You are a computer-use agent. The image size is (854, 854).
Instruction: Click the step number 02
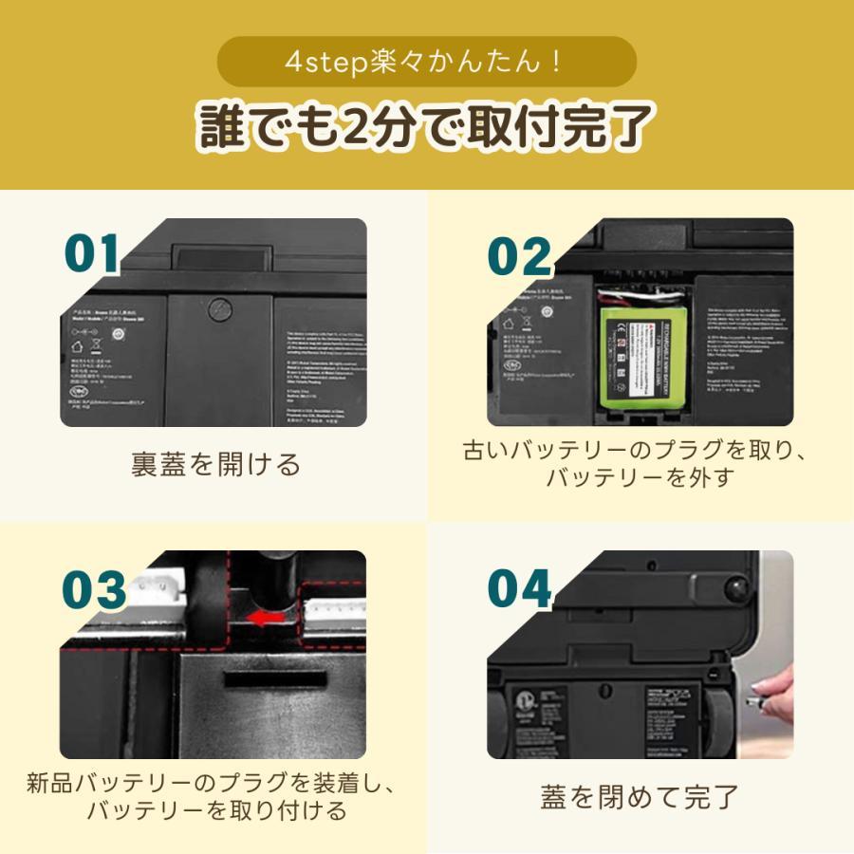pos(519,255)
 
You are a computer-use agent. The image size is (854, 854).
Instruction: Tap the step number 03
pos(94,589)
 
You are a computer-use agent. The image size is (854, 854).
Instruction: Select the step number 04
pos(519,589)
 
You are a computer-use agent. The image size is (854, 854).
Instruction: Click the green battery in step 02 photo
pos(638,355)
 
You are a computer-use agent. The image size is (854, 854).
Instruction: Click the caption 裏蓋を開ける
pos(215,464)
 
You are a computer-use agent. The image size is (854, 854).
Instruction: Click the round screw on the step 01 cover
pos(220,308)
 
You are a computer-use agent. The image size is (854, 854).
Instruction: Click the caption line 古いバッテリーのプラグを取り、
pos(638,450)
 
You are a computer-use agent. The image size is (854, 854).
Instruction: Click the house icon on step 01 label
pos(77,346)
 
